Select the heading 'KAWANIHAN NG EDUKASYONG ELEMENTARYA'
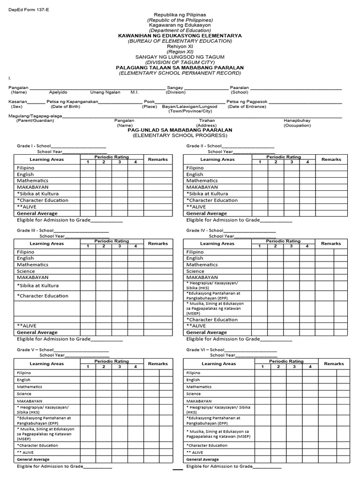[x=180, y=36]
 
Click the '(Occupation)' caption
[x=297, y=126]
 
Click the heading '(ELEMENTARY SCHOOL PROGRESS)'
[x=180, y=135]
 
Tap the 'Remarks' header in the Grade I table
[x=158, y=160]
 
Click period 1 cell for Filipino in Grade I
[x=88, y=168]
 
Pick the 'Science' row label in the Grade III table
[x=25, y=271]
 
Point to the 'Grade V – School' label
[x=35, y=350]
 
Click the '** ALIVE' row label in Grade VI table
[x=195, y=452]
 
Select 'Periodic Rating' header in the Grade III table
[x=112, y=241]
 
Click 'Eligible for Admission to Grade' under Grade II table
[x=223, y=220]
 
